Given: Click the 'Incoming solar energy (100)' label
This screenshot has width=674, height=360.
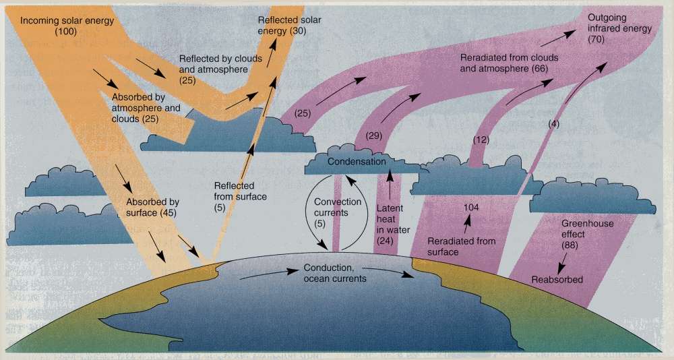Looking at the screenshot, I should coord(67,26).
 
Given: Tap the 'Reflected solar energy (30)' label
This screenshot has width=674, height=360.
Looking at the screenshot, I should coord(289,26).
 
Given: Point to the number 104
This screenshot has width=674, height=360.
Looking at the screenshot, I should coord(471,208).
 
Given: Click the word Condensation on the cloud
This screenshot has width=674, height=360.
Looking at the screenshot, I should coord(357,162).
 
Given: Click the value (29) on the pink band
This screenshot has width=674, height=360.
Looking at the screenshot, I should coord(374,136).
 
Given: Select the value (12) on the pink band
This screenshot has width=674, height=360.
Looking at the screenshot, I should coord(480,140).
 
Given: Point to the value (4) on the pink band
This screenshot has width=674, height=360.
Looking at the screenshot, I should coord(553,124).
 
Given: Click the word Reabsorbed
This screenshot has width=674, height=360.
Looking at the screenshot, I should coord(557,279).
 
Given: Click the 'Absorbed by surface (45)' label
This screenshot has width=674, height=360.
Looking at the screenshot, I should coord(152,207).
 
